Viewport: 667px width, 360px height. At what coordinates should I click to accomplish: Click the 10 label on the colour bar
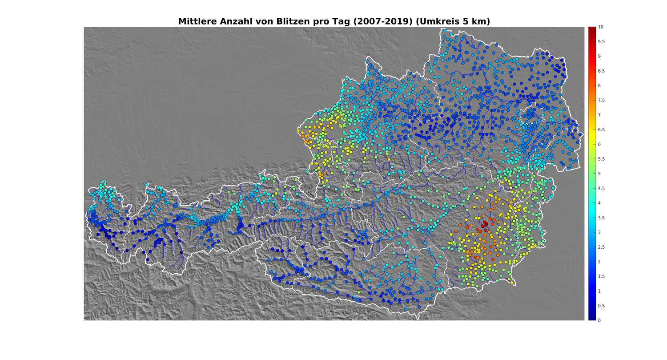coord(600,27)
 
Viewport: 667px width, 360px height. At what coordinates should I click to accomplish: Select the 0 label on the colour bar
coord(599,320)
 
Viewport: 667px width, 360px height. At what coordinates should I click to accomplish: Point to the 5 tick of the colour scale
coord(599,174)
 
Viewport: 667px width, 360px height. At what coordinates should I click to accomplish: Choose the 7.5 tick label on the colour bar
coord(601,100)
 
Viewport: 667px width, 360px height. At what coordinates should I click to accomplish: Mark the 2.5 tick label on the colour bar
coord(601,247)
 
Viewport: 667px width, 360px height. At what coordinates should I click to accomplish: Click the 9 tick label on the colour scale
coord(599,56)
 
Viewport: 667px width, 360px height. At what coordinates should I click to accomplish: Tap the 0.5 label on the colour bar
coord(601,306)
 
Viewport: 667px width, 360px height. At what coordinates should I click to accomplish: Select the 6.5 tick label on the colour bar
coord(601,129)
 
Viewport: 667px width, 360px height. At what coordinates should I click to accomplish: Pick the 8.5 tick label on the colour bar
coord(601,71)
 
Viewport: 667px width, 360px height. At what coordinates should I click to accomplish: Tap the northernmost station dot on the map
coord(444,30)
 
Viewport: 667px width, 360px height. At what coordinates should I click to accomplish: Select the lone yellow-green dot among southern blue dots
coord(359,292)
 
